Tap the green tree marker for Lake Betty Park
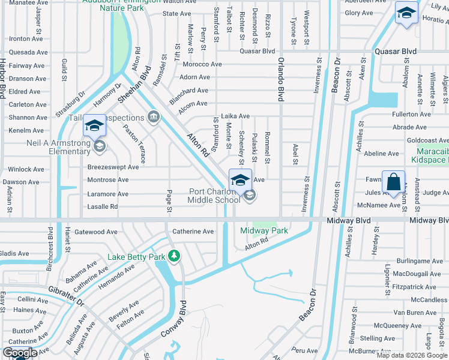[x=174, y=257]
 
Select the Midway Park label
[x=264, y=231]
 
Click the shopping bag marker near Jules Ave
[x=393, y=182]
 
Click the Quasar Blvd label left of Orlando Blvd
[x=257, y=52]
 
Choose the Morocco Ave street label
[x=203, y=64]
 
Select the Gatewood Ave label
[x=96, y=232]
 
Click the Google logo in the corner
[x=20, y=353]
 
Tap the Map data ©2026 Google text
[x=412, y=355]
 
